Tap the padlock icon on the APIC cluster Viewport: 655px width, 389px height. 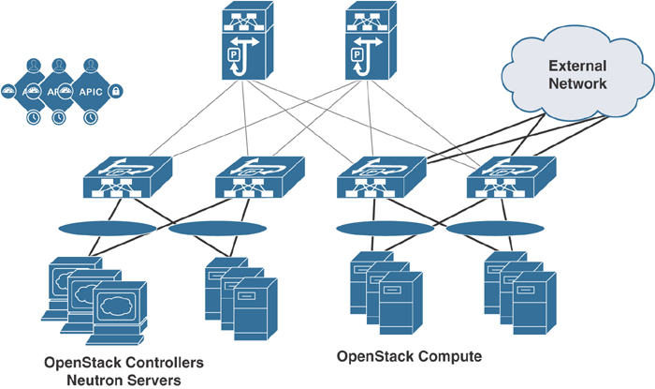coord(117,91)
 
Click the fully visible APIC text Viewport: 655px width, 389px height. coord(92,92)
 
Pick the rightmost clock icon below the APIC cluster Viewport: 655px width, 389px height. coord(92,118)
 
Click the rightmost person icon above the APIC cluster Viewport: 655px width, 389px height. coord(92,66)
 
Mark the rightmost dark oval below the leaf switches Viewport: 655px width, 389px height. coord(485,227)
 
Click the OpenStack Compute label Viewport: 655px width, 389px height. coord(409,357)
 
